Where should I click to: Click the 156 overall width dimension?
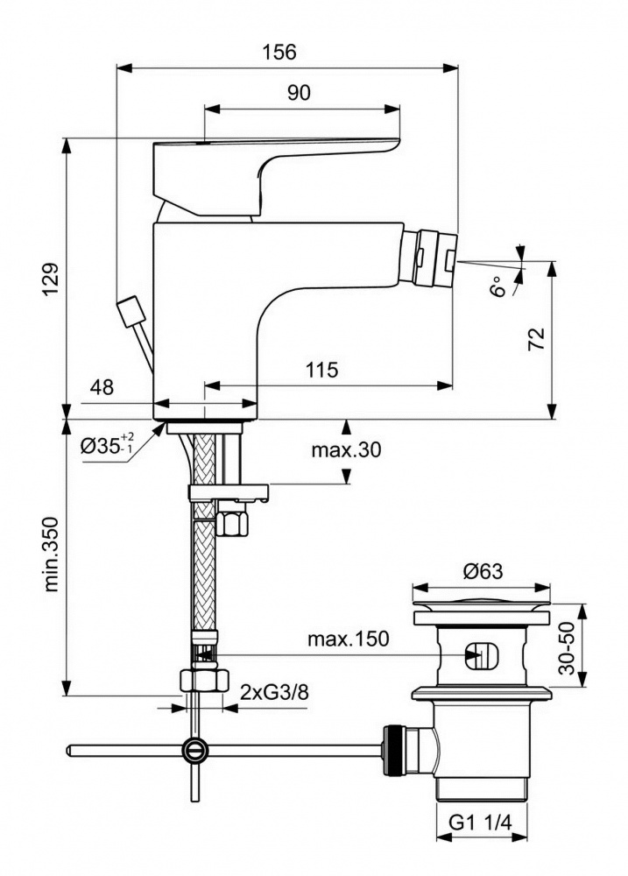click(x=279, y=52)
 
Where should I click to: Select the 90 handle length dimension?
click(x=300, y=94)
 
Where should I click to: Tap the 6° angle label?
click(x=498, y=286)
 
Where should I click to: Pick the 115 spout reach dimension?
click(x=322, y=370)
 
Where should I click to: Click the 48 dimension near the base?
click(x=102, y=386)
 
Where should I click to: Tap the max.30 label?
click(x=346, y=450)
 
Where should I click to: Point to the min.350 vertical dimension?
click(x=53, y=552)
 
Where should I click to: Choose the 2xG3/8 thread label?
click(x=274, y=693)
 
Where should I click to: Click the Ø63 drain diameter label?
click(x=483, y=572)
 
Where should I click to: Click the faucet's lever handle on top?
click(x=272, y=166)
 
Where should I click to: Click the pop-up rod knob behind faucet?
click(x=131, y=311)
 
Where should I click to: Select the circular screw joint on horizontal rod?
click(x=194, y=749)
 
